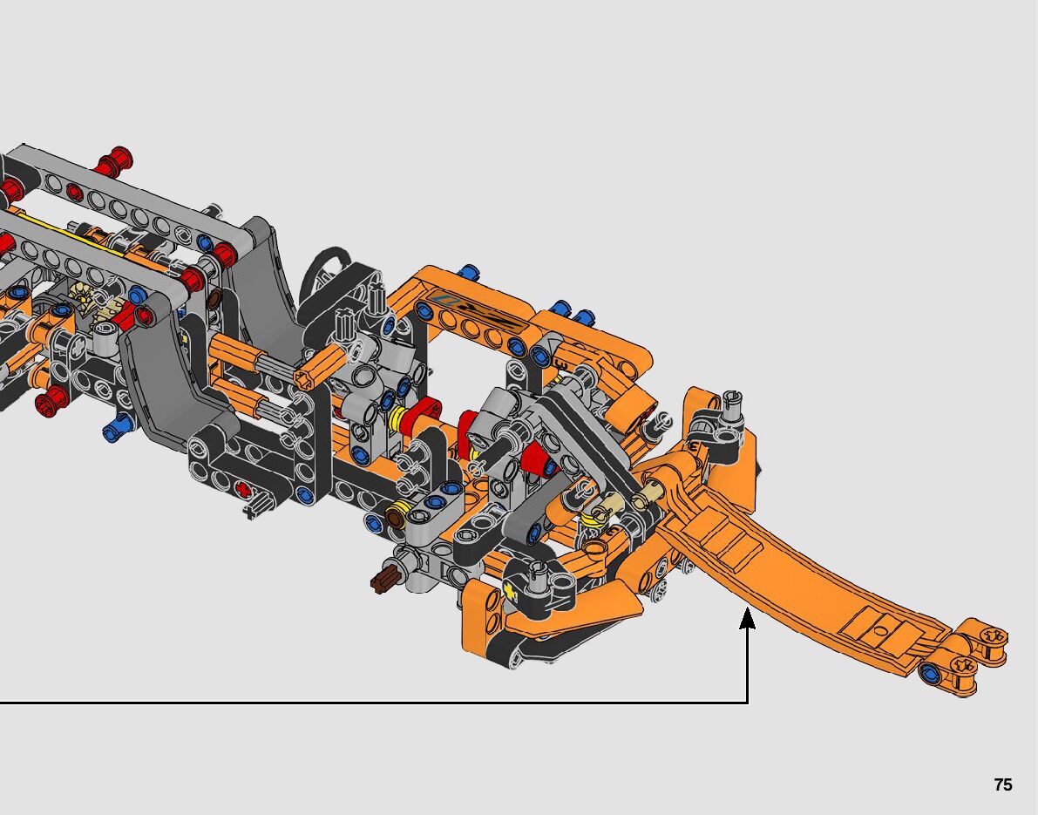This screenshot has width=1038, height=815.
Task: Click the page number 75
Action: [x=1003, y=784]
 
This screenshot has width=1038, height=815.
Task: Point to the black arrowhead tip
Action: [x=748, y=608]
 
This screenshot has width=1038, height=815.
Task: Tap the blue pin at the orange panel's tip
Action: [x=930, y=673]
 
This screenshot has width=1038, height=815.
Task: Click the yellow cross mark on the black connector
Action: [x=509, y=590]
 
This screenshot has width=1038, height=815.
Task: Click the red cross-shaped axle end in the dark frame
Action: [x=244, y=491]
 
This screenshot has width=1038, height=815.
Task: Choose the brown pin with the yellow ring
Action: [x=395, y=516]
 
